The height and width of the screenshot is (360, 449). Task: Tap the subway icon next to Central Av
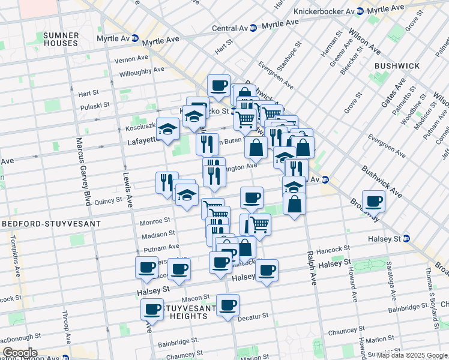pos(253,28)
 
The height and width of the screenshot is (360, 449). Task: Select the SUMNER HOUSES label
pos(60,39)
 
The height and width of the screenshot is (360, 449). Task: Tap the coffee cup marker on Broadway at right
pos(373,202)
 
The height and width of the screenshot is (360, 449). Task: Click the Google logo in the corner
pos(20,353)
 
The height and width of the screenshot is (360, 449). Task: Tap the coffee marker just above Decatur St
pos(228,305)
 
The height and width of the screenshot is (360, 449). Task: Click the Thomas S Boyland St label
pos(430,300)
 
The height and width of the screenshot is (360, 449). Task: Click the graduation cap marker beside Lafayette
pos(169,130)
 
